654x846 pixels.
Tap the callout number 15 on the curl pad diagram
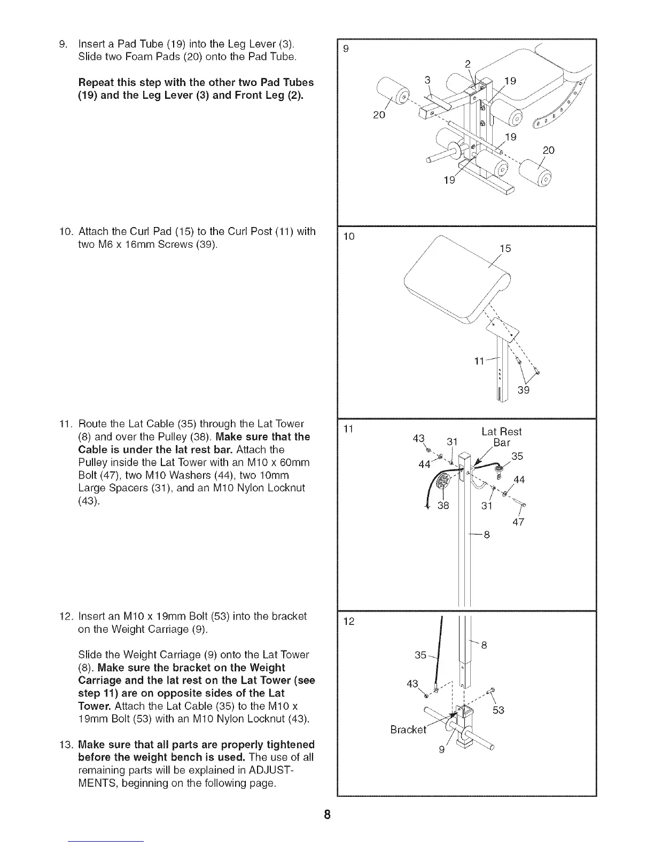pos(505,248)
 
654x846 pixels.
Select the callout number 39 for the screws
pos(523,391)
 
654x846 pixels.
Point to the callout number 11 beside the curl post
pos(480,362)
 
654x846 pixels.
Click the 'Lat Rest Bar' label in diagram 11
pos(501,437)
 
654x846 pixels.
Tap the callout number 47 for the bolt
pos(518,522)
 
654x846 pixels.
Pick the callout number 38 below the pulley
pos(443,505)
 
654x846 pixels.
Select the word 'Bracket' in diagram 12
pos(409,730)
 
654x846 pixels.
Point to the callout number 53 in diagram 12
pos(499,710)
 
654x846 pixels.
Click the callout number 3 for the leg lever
pos(427,81)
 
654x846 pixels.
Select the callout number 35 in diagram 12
pos(421,655)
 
